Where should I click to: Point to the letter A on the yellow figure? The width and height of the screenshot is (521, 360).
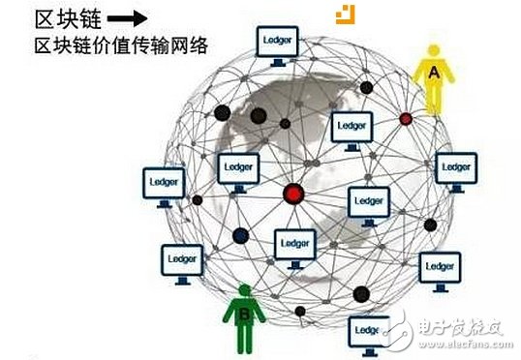433,71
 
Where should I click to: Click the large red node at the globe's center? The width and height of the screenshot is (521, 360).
293,194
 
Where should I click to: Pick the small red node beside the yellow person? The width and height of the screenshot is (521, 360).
406,118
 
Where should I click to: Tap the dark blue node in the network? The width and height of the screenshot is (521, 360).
240,235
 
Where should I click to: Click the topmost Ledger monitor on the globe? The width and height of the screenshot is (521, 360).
277,43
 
